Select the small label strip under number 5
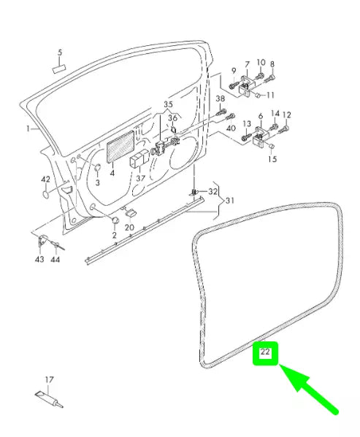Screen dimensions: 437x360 (x=59, y=68)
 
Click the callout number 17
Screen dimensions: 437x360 (x=50, y=379)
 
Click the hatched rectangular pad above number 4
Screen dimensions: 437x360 (x=120, y=147)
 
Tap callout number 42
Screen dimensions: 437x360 (x=45, y=179)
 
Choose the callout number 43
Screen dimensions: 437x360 (x=39, y=259)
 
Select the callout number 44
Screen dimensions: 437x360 (x=55, y=259)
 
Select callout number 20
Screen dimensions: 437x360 (x=129, y=227)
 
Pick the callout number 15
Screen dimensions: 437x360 (x=273, y=159)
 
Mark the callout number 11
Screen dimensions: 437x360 (x=270, y=95)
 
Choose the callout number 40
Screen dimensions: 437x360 (x=231, y=129)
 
